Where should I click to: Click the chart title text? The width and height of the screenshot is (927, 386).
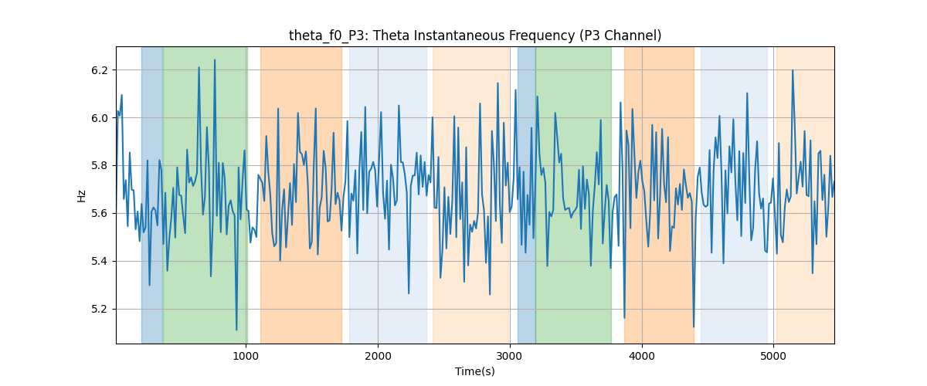pyautogui.click(x=475, y=36)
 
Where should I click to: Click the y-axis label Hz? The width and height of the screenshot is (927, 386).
pyautogui.click(x=82, y=195)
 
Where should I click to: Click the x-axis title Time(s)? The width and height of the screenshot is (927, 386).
pyautogui.click(x=475, y=371)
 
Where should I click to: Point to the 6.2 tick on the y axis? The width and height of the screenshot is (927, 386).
pyautogui.click(x=100, y=70)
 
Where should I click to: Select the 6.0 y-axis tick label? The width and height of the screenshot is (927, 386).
pyautogui.click(x=100, y=118)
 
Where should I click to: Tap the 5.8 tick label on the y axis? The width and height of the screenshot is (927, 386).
pyautogui.click(x=100, y=166)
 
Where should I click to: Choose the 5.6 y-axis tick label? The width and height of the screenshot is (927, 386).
pyautogui.click(x=100, y=214)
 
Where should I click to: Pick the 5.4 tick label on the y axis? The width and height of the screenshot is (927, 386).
pyautogui.click(x=100, y=262)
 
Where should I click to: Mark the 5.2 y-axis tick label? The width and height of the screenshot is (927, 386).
pyautogui.click(x=100, y=309)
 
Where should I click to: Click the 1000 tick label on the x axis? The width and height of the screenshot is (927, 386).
pyautogui.click(x=246, y=357)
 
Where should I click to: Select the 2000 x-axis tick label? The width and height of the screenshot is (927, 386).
pyautogui.click(x=378, y=357)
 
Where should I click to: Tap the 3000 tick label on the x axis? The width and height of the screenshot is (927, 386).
pyautogui.click(x=510, y=357)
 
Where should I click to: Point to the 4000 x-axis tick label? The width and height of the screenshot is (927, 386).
pyautogui.click(x=642, y=357)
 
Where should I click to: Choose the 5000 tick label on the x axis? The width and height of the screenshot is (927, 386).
pyautogui.click(x=773, y=357)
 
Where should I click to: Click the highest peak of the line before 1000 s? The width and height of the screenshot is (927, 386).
pyautogui.click(x=215, y=60)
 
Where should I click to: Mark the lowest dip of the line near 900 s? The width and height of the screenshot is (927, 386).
pyautogui.click(x=236, y=330)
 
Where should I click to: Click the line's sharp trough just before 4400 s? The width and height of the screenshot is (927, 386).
pyautogui.click(x=694, y=327)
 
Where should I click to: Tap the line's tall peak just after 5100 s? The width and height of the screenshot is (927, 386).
pyautogui.click(x=793, y=70)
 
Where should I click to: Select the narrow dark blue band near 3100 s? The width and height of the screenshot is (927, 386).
pyautogui.click(x=526, y=195)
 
